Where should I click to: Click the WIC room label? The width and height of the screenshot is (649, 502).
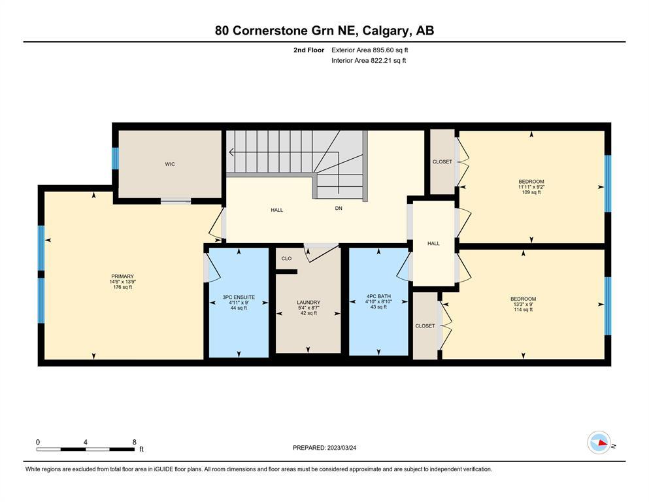170,164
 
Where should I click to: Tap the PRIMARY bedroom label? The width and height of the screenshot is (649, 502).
122,276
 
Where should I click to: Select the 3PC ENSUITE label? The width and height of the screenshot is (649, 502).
239,297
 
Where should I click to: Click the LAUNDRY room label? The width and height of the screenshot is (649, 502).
308,303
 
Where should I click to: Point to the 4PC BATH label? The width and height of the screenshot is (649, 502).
378,296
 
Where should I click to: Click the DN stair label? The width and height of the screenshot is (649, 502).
339,208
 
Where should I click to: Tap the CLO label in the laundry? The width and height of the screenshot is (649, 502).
286,258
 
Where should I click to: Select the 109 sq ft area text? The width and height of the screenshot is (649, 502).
531,192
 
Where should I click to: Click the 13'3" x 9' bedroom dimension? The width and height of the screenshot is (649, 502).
523,304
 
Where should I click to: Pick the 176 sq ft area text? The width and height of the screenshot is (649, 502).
122,287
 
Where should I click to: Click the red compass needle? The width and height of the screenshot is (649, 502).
603,443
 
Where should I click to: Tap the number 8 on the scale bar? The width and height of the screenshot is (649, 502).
134,442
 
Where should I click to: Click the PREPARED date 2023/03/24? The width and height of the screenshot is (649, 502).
341,447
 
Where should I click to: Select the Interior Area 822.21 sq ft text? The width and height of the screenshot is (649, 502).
369,60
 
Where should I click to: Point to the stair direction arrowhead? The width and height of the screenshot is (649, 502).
231,152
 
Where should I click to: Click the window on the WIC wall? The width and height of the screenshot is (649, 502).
116,158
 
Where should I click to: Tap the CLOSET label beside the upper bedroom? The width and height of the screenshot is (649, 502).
442,162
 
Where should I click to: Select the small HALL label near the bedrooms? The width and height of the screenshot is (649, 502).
433,243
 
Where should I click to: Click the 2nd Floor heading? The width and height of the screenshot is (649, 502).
308,50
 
